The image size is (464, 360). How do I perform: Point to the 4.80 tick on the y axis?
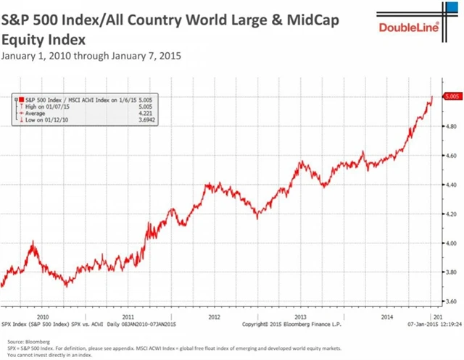click(x=451, y=126)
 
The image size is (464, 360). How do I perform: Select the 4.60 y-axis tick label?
click(x=451, y=155)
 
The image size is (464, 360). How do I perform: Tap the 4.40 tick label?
click(x=451, y=185)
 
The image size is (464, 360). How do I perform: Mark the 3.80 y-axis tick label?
click(x=451, y=272)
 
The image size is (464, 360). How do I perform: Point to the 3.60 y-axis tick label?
click(x=451, y=301)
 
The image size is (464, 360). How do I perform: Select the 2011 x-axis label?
click(x=128, y=317)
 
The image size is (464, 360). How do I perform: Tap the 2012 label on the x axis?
click(x=215, y=317)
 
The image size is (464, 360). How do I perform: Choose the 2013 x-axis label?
click(x=302, y=317)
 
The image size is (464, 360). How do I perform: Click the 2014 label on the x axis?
click(x=388, y=317)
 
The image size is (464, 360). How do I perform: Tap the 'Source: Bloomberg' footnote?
click(x=23, y=339)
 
